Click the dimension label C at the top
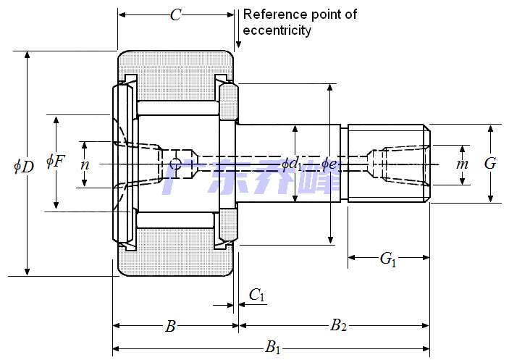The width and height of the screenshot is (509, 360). tap(175, 15)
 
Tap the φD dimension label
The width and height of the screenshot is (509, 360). tap(24, 166)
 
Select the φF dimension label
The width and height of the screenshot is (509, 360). tap(56, 161)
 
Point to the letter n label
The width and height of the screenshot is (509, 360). tap(85, 164)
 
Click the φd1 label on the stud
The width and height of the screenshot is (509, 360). tap(292, 164)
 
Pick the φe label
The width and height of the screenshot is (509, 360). tap(329, 164)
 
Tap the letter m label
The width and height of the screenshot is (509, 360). tap(462, 164)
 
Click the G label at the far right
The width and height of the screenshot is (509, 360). tap(490, 164)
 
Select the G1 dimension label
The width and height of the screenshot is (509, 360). tap(388, 259)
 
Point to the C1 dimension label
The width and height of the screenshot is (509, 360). tap(256, 294)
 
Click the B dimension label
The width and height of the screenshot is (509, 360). tap(170, 327)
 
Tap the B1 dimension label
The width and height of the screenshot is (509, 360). tap(272, 347)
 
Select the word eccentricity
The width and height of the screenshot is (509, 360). tap(277, 30)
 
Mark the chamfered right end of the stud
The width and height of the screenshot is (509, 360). tap(427, 163)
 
